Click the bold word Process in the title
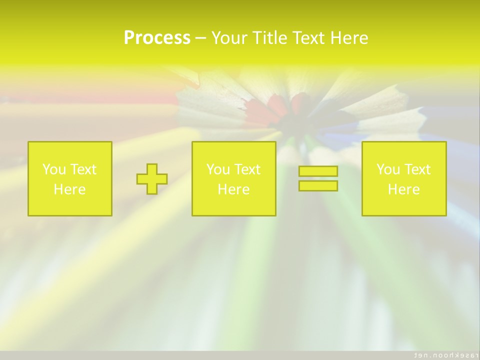click(x=157, y=38)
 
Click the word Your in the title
click(x=230, y=38)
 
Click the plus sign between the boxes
click(x=152, y=178)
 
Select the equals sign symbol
click(x=318, y=178)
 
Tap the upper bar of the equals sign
click(x=318, y=171)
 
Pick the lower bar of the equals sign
click(x=318, y=185)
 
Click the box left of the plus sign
click(x=70, y=178)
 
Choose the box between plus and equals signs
click(x=233, y=178)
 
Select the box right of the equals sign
click(x=403, y=178)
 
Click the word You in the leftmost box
click(x=53, y=169)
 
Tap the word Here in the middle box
click(x=233, y=189)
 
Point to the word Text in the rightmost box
click(x=416, y=169)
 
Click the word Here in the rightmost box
click(x=403, y=189)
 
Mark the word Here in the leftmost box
click(x=70, y=189)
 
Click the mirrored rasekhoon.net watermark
click(x=443, y=355)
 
